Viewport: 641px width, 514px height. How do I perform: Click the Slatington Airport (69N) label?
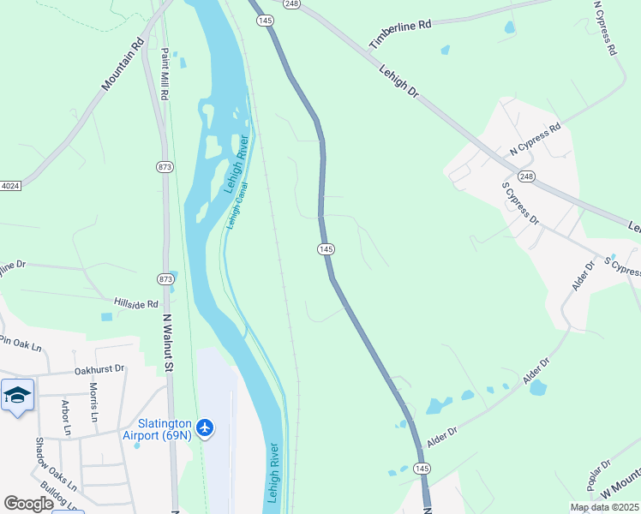[165, 428]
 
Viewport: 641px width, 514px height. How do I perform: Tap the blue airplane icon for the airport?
[205, 427]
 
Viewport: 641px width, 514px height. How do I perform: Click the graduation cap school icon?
[17, 395]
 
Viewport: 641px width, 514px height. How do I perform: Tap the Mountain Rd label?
[123, 64]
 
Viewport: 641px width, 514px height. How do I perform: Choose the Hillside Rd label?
[136, 303]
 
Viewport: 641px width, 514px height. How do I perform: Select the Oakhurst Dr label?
[99, 369]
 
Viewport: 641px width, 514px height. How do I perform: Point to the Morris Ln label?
[93, 402]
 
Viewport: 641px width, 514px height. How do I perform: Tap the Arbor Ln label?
[65, 416]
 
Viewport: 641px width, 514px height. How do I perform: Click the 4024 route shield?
[9, 186]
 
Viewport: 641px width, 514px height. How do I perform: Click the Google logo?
[28, 504]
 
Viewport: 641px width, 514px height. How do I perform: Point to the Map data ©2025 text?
[604, 507]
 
